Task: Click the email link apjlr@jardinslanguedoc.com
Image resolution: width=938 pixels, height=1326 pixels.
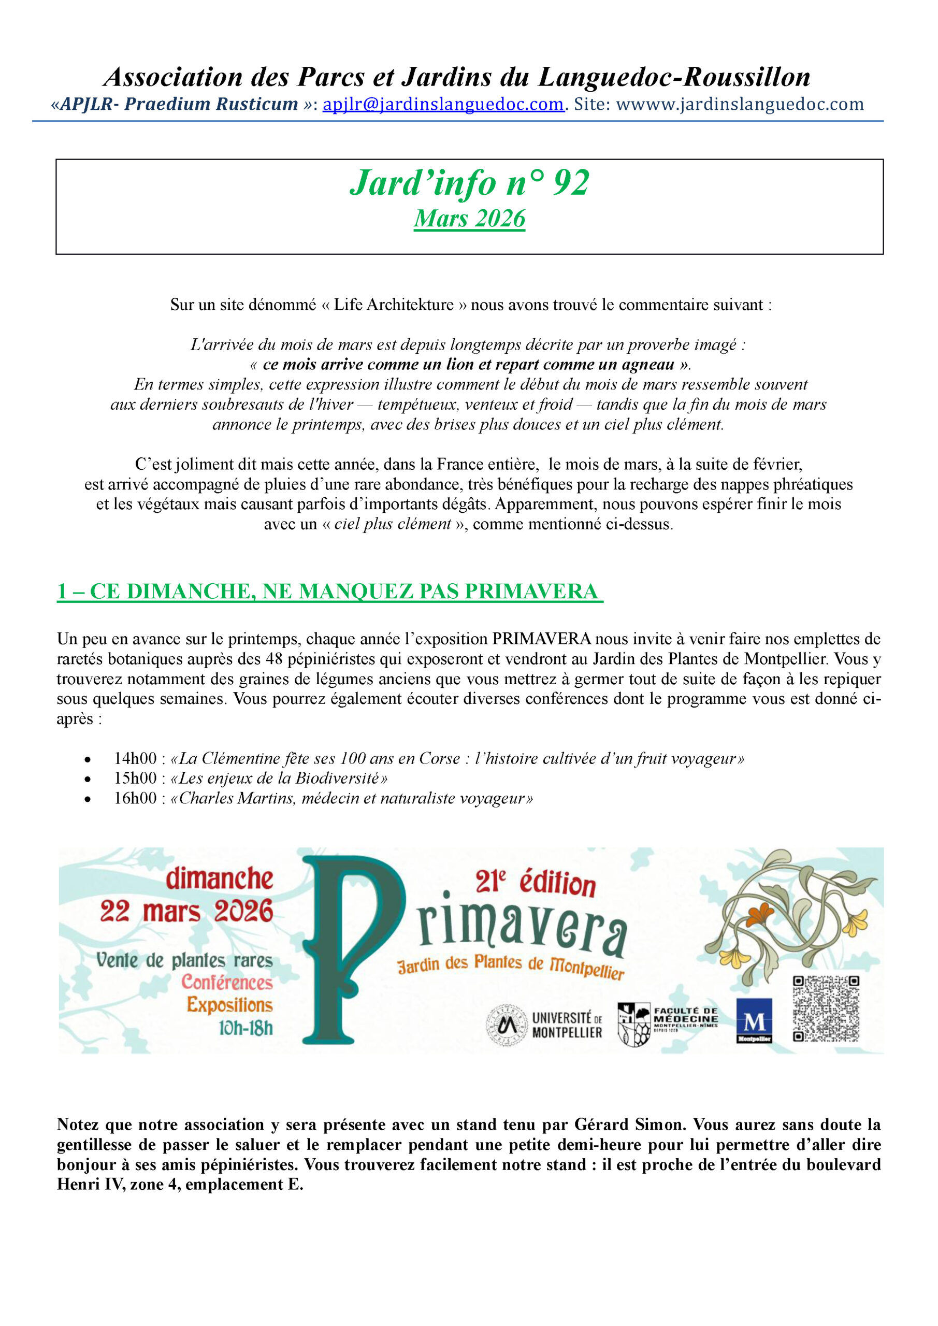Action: (443, 104)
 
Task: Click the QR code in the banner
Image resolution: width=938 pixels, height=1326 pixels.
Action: (826, 1008)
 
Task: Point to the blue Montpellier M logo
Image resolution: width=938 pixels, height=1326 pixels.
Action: (754, 1021)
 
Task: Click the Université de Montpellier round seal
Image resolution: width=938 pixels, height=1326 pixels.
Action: (507, 1025)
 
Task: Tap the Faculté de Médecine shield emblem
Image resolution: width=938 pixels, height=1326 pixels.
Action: (633, 1024)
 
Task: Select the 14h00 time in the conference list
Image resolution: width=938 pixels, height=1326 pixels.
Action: (135, 758)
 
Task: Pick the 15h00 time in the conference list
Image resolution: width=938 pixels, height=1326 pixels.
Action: (135, 778)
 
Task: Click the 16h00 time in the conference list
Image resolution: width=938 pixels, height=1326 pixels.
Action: (135, 798)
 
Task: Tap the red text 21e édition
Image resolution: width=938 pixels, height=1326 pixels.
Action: (535, 884)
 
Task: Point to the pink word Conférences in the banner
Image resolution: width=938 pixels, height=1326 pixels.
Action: (227, 983)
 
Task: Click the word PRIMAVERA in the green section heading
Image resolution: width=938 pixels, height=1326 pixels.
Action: (531, 592)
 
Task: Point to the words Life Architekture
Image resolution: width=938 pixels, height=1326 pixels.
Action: (393, 305)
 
